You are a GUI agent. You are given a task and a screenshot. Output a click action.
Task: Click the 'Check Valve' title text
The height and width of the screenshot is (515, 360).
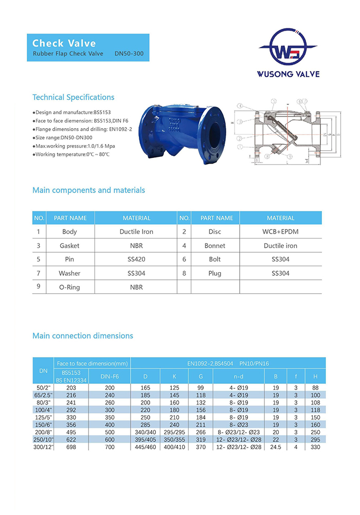pyautogui.click(x=64, y=43)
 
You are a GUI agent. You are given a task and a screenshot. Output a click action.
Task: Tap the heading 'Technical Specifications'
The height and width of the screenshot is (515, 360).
pyautogui.click(x=74, y=97)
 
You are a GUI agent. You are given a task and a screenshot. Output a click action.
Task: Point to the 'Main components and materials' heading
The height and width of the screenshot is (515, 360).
pyautogui.click(x=88, y=190)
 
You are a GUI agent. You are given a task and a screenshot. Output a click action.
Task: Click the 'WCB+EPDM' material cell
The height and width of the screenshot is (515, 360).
pyautogui.click(x=280, y=232)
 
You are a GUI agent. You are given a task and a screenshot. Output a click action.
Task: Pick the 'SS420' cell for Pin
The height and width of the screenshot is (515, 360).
pyautogui.click(x=136, y=260)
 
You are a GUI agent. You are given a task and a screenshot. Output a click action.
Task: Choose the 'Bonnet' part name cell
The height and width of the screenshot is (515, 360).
pyautogui.click(x=214, y=246)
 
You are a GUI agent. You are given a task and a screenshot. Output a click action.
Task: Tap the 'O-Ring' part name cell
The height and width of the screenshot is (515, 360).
pyautogui.click(x=69, y=287)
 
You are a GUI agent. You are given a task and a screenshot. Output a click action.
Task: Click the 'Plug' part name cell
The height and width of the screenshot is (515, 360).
pyautogui.click(x=214, y=274)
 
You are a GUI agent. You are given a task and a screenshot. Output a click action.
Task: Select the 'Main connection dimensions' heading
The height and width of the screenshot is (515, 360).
pyautogui.click(x=83, y=336)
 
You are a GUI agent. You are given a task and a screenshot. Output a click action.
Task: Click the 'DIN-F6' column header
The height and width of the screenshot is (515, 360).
pyautogui.click(x=109, y=377)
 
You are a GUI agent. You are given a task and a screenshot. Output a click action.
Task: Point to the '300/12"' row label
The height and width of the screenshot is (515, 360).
pyautogui.click(x=43, y=447)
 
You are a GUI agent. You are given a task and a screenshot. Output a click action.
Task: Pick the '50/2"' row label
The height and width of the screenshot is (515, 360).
pyautogui.click(x=43, y=387)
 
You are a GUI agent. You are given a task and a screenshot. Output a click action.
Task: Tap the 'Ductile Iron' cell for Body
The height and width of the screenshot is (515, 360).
pyautogui.click(x=136, y=232)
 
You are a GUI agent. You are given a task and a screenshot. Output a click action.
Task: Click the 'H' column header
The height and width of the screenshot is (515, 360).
pyautogui.click(x=315, y=377)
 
